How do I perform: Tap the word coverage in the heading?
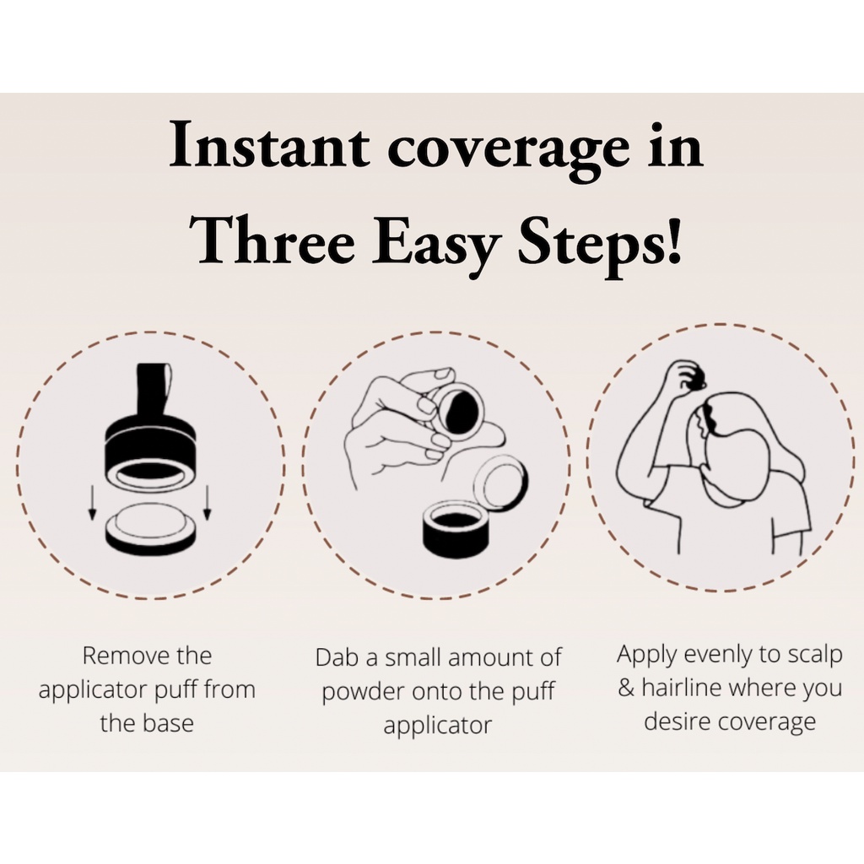tap(507, 150)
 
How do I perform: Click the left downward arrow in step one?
tap(92, 501)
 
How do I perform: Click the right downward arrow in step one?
tap(208, 501)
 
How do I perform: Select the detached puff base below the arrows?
tap(149, 528)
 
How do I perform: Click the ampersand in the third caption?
tap(627, 688)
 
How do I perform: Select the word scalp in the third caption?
tap(814, 656)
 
